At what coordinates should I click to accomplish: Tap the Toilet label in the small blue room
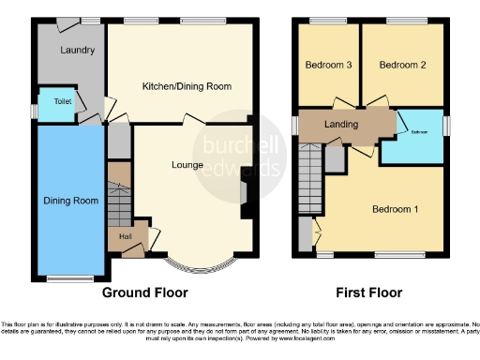tap(62, 101)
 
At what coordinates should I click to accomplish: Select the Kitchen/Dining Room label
tap(187, 86)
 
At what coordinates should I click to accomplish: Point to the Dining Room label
tap(71, 200)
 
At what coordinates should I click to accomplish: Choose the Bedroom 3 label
tap(328, 66)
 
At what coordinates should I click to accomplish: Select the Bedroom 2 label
tap(403, 66)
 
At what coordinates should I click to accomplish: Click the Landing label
tap(341, 125)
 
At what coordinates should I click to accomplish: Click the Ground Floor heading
tap(145, 292)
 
